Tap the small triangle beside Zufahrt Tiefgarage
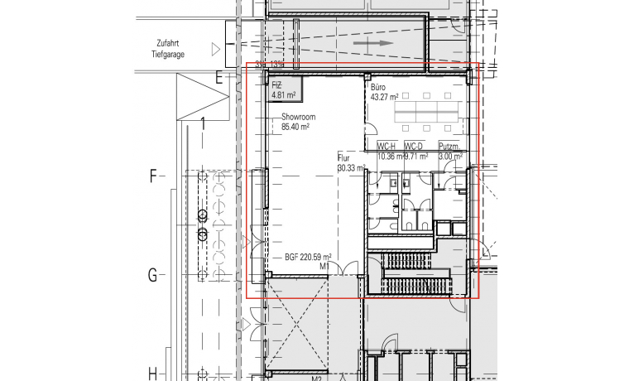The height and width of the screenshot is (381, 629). [x=217, y=50]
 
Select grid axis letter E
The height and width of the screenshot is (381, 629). [x=219, y=79]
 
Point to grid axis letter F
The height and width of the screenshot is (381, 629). [x=152, y=176]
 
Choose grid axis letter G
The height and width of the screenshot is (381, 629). [x=152, y=276]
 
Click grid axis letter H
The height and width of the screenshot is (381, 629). [x=152, y=372]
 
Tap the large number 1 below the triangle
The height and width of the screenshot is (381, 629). [x=203, y=125]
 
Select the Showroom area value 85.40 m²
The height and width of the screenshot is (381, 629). [x=295, y=128]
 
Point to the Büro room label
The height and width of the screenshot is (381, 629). [x=379, y=87]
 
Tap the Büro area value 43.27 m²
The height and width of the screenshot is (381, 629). [x=385, y=97]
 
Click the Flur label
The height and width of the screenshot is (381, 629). [x=344, y=157]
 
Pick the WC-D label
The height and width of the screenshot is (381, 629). [x=414, y=147]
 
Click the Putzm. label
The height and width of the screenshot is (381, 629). [x=449, y=147]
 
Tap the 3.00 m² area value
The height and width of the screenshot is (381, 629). [x=450, y=156]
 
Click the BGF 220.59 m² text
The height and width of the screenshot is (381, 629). [x=308, y=258]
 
